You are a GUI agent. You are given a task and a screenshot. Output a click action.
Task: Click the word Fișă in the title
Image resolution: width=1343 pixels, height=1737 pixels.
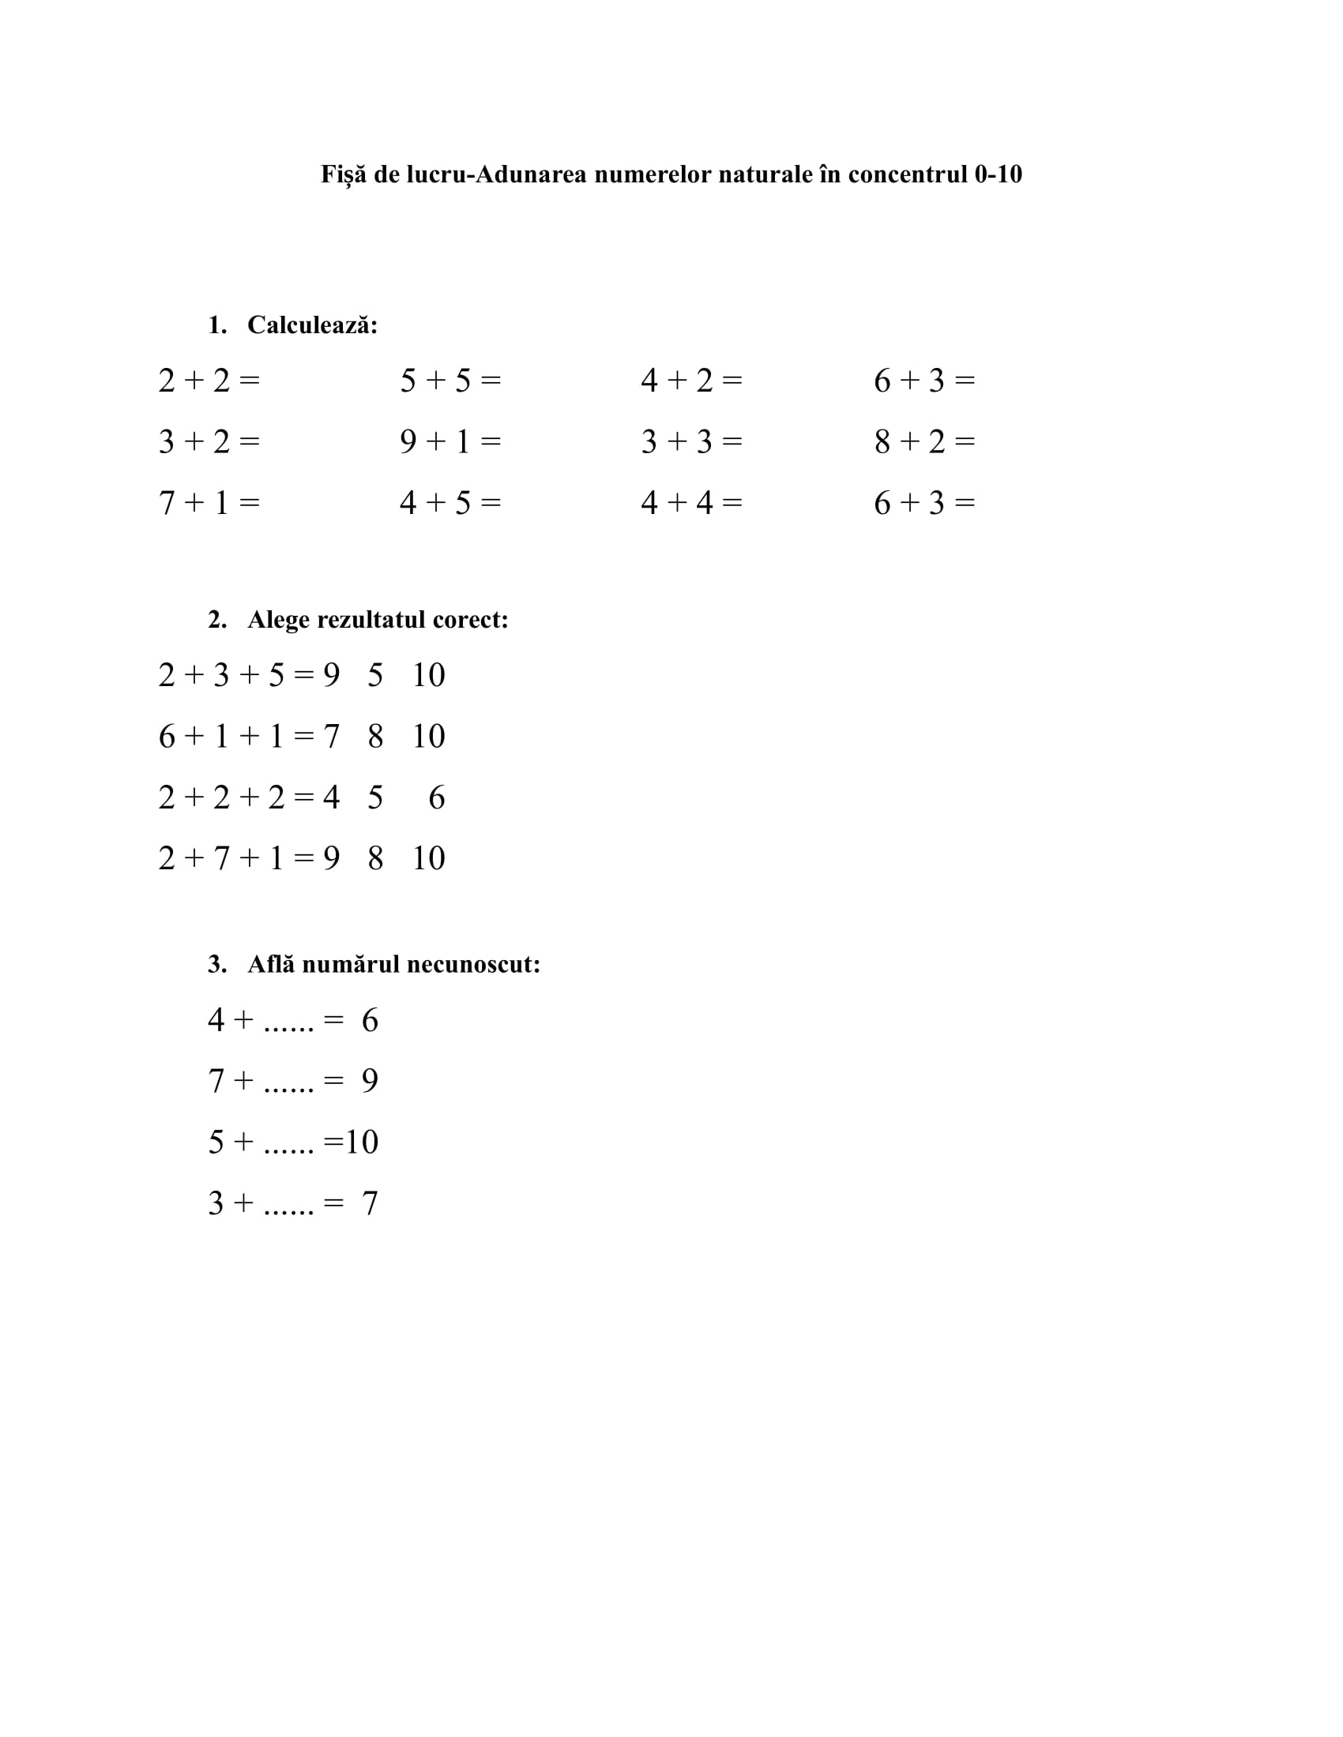pyautogui.click(x=344, y=174)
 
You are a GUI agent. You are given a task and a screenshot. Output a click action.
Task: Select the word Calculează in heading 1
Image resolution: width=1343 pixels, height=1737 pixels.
pyautogui.click(x=312, y=325)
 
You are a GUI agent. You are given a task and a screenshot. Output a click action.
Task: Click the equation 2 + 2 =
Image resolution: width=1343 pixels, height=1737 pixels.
pyautogui.click(x=209, y=381)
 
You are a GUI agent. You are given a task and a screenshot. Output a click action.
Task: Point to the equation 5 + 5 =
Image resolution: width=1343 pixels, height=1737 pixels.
pyautogui.click(x=450, y=381)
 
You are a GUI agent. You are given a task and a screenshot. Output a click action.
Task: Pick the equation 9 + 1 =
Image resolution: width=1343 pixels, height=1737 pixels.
pyautogui.click(x=450, y=441)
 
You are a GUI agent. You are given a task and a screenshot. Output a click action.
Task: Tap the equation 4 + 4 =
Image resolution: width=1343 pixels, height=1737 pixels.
pyautogui.click(x=691, y=503)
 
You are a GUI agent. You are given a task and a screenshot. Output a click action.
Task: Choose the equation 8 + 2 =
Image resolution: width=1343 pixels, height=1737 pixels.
pyautogui.click(x=924, y=441)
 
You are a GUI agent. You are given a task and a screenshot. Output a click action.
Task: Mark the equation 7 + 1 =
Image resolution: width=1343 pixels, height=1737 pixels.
pyautogui.click(x=209, y=503)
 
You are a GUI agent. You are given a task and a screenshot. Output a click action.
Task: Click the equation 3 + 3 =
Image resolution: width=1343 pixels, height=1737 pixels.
pyautogui.click(x=691, y=441)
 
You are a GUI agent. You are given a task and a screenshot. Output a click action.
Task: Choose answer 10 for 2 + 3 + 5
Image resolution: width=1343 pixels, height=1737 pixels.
pyautogui.click(x=428, y=675)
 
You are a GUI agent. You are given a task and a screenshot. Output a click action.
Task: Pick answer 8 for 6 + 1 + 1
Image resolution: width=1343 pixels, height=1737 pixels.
pyautogui.click(x=375, y=737)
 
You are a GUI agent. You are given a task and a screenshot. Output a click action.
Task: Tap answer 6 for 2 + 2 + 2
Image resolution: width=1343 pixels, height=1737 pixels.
pyautogui.click(x=437, y=797)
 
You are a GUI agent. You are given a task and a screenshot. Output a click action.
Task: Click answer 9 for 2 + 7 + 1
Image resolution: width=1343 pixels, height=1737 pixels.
pyautogui.click(x=332, y=858)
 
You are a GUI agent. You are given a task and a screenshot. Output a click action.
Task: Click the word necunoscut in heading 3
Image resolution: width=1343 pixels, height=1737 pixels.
pyautogui.click(x=473, y=964)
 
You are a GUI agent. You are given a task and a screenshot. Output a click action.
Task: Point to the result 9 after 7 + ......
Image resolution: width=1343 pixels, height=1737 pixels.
pyautogui.click(x=370, y=1081)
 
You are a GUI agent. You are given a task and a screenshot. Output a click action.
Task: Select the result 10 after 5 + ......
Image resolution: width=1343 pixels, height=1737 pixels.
pyautogui.click(x=361, y=1142)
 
